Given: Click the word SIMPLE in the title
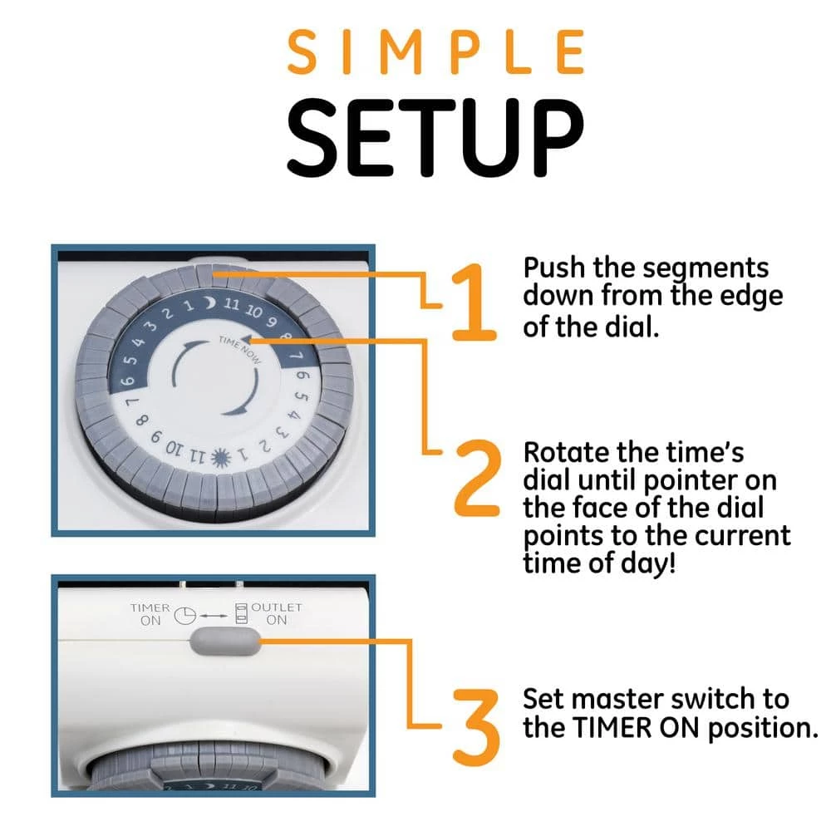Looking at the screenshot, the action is tap(435, 52).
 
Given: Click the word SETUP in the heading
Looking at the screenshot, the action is tap(435, 138).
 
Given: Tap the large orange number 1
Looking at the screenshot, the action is tap(474, 302).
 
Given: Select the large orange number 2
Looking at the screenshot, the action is tap(477, 478).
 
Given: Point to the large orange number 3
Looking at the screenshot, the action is tap(476, 727).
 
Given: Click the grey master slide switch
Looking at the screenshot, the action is tap(224, 642).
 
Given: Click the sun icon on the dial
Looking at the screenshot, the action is tap(222, 458).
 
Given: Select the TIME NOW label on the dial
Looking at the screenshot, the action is tap(240, 350).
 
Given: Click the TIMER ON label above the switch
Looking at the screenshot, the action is tap(150, 614).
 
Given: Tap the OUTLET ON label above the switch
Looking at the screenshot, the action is tap(277, 613).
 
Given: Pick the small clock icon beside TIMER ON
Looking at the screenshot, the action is tap(185, 615).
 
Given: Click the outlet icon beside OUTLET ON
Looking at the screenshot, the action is tap(241, 613).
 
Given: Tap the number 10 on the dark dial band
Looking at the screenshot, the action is tap(253, 311).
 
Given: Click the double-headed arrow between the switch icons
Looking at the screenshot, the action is tap(214, 616).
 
